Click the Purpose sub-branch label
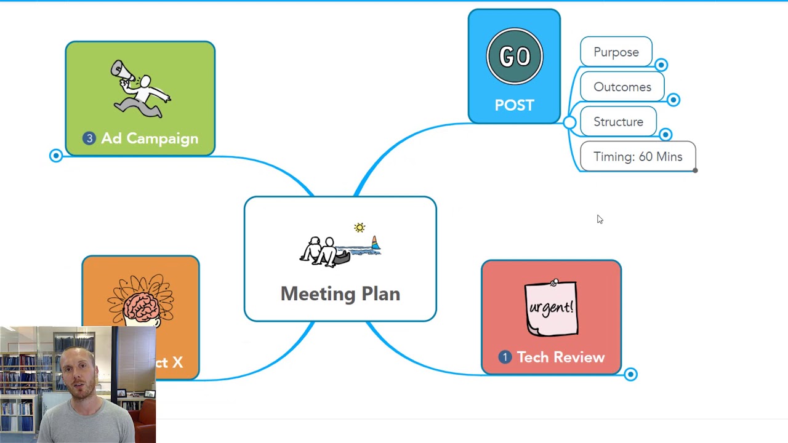click(x=616, y=52)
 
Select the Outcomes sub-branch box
click(x=622, y=87)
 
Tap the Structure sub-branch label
click(x=618, y=122)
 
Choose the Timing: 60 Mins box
click(x=638, y=157)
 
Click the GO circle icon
click(x=514, y=57)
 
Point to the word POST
click(x=514, y=105)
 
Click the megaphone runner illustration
click(x=140, y=89)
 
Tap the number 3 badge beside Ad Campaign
click(x=89, y=138)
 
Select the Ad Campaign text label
click(x=150, y=138)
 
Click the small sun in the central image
click(x=360, y=228)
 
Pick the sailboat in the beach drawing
click(x=375, y=244)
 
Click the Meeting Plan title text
click(x=340, y=293)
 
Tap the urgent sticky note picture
click(x=551, y=308)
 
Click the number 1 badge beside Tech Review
click(x=505, y=357)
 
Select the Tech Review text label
click(x=560, y=357)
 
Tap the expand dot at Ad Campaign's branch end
click(x=56, y=156)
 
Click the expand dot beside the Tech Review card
click(x=630, y=374)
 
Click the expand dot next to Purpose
click(x=661, y=65)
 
